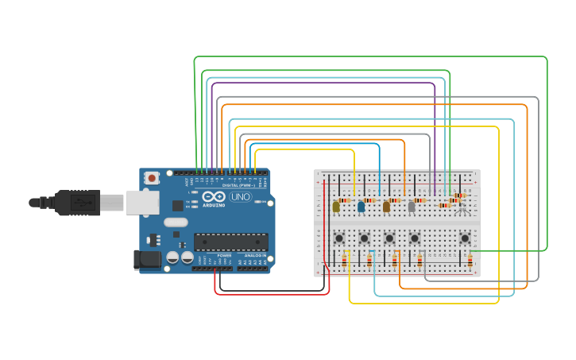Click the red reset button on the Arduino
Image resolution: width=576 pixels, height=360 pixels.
coord(151,178)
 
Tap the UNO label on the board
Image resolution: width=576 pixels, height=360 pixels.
coord(239,196)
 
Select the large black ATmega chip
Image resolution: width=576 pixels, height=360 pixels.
coord(230,242)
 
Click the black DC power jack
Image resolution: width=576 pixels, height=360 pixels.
coord(147,258)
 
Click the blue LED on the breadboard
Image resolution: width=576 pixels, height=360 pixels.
coord(361,207)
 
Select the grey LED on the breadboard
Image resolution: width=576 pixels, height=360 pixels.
coord(412,207)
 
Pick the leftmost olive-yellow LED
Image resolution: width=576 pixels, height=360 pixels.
coord(335,207)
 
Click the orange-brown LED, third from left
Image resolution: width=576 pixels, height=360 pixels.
coord(386,207)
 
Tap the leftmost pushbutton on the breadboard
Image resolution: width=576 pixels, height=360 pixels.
coord(339,238)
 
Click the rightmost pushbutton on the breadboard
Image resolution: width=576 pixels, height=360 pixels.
coord(465,238)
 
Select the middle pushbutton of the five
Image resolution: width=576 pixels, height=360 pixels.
coord(389,238)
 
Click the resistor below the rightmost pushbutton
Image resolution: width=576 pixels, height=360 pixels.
coord(470,261)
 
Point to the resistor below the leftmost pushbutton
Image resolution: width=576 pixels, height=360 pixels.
coord(344,261)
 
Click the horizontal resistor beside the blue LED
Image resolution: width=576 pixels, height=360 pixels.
coord(369,200)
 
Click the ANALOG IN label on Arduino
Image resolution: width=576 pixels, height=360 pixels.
coord(255,255)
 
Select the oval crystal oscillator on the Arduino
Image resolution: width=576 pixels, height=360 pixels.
coord(177,223)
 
